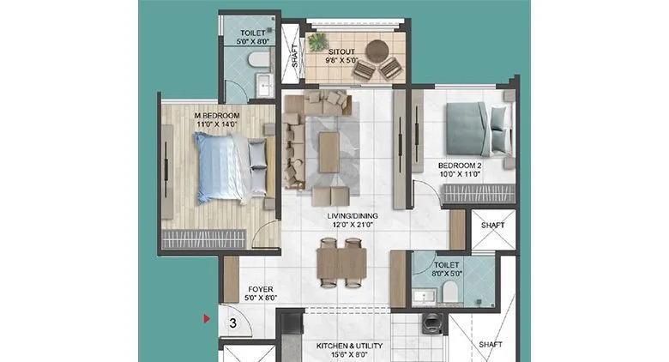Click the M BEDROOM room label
click(216, 115)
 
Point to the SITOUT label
click(341, 51)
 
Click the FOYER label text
click(261, 290)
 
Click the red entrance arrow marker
click(206, 320)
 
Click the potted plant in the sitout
click(319, 40)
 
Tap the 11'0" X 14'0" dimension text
click(216, 124)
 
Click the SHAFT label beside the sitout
click(295, 54)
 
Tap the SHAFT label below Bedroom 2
click(492, 225)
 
